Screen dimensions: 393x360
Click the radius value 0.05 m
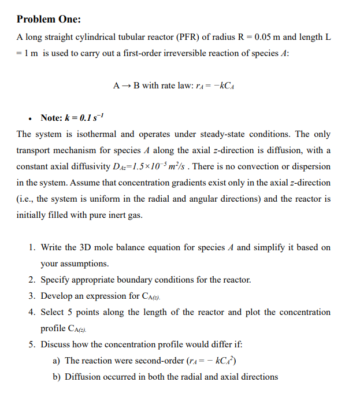coord(267,37)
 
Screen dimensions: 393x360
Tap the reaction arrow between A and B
coord(126,86)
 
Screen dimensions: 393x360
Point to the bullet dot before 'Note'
coord(29,118)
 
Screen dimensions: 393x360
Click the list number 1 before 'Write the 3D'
coord(32,247)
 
